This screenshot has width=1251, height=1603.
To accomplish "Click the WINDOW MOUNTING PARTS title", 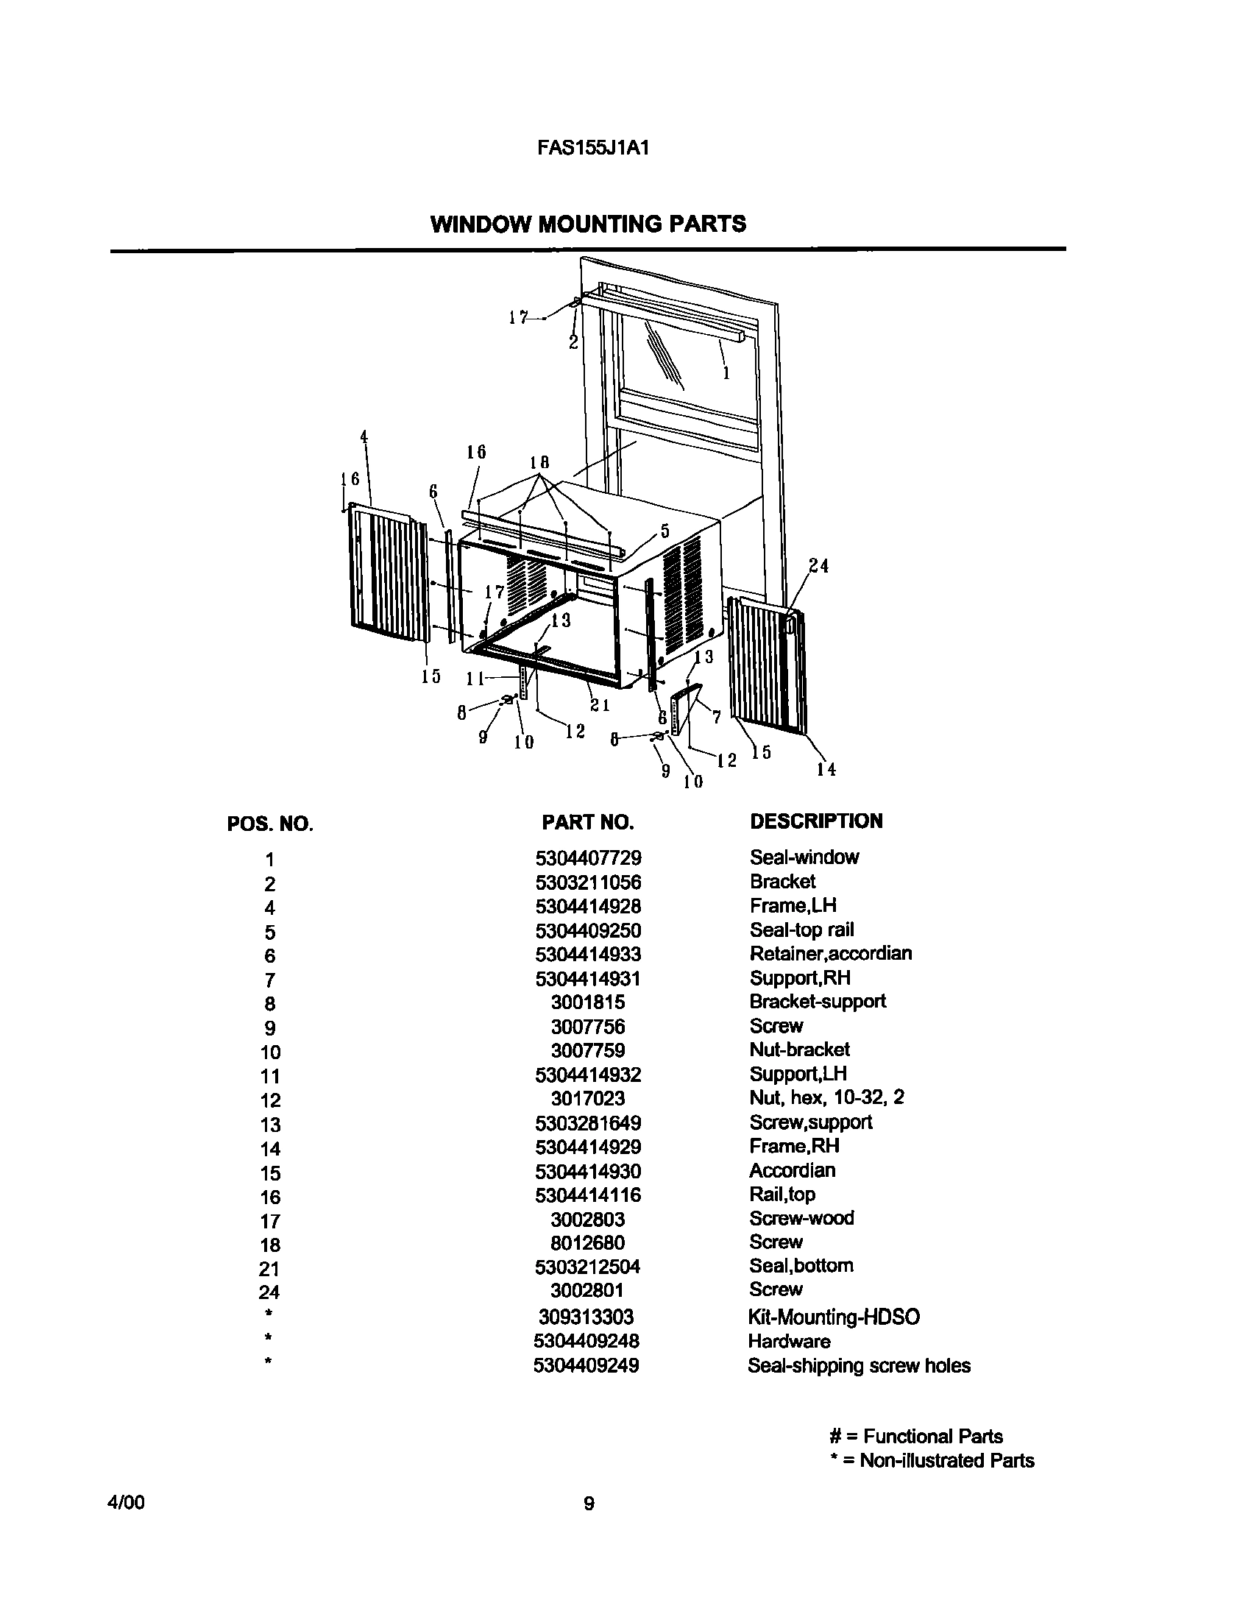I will pyautogui.click(x=588, y=224).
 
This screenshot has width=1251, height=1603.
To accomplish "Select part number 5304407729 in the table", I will pyautogui.click(x=588, y=858).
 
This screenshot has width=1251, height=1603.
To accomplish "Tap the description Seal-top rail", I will pyautogui.click(x=801, y=930).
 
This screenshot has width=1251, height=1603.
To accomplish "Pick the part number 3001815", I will pyautogui.click(x=588, y=1002).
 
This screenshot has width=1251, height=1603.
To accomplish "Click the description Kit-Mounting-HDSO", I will pyautogui.click(x=833, y=1317).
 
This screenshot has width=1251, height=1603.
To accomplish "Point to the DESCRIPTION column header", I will pyautogui.click(x=815, y=821).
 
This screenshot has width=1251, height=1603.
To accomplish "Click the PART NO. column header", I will pyautogui.click(x=587, y=822).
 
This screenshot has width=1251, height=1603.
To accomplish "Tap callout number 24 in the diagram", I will pyautogui.click(x=818, y=566).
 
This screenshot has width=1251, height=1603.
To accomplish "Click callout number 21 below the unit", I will pyautogui.click(x=600, y=705).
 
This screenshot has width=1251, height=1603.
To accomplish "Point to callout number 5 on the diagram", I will pyautogui.click(x=665, y=531).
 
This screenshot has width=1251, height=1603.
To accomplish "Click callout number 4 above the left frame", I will pyautogui.click(x=364, y=436).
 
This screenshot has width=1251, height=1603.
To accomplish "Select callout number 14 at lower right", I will pyautogui.click(x=826, y=769).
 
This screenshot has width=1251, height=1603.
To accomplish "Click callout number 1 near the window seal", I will pyautogui.click(x=726, y=374).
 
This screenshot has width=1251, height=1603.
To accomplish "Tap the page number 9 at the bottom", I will pyautogui.click(x=589, y=1504).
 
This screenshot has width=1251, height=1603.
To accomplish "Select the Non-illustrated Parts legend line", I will pyautogui.click(x=932, y=1460).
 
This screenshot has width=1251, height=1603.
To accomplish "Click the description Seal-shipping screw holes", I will pyautogui.click(x=859, y=1366).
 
